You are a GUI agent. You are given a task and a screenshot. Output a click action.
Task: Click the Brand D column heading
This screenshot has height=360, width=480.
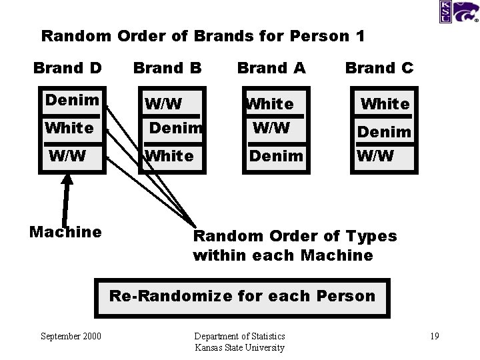(67, 68)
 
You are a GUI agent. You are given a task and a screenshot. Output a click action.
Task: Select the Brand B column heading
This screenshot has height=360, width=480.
(167, 68)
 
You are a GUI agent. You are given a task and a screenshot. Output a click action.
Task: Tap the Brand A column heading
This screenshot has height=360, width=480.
(271, 68)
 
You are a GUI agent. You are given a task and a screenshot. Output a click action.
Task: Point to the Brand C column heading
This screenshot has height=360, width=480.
(379, 68)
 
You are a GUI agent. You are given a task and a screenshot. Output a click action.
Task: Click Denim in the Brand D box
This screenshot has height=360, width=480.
(72, 101)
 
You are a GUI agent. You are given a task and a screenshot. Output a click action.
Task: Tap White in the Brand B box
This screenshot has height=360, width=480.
(169, 156)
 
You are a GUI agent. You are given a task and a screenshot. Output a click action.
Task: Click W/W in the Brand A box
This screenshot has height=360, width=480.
(271, 127)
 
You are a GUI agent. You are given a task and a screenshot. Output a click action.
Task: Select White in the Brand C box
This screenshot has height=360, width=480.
(385, 104)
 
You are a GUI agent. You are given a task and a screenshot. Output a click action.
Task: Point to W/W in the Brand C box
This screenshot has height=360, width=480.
(375, 157)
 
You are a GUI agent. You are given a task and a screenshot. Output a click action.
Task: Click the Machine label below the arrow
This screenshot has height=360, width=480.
(66, 232)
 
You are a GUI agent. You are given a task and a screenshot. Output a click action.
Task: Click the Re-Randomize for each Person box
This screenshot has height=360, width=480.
(242, 297)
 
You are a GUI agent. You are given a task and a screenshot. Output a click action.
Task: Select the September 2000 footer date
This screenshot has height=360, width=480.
(71, 336)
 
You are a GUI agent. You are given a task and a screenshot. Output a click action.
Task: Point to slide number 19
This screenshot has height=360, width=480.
(434, 336)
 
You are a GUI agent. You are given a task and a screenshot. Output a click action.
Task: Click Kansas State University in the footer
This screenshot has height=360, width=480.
(239, 347)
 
